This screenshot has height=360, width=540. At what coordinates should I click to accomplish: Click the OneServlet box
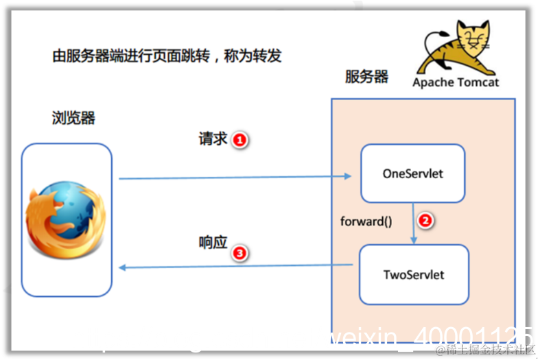point(412,173)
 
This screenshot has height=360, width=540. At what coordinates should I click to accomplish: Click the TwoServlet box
point(414,274)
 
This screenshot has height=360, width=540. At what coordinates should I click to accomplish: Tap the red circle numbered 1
point(239,140)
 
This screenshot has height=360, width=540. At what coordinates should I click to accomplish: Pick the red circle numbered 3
point(239,253)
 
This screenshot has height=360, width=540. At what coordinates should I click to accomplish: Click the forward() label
point(366,221)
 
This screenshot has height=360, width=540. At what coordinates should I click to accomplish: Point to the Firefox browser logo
point(66,219)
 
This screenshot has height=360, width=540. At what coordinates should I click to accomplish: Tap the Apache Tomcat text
point(456,82)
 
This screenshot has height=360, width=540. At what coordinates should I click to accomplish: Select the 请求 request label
point(213,139)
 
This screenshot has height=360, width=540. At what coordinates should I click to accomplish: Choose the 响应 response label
point(213,243)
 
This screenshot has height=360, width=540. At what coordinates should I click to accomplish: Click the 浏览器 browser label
point(73,118)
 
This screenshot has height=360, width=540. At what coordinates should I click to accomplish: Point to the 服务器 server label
point(366,77)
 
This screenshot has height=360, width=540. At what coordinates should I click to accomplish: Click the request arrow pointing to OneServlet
point(233,178)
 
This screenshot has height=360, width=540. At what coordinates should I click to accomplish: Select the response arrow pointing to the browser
point(233,267)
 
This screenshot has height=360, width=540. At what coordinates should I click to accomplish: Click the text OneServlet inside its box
point(412,173)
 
